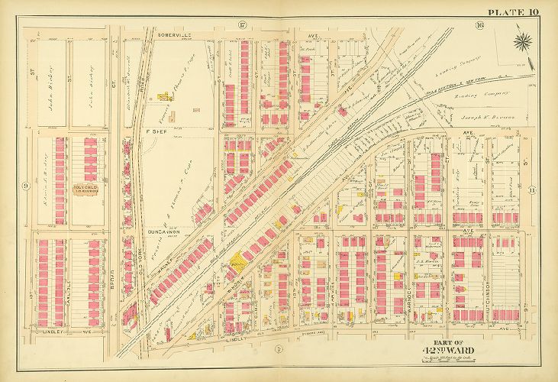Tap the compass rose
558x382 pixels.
tap(523, 40)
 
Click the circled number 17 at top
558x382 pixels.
tap(242, 25)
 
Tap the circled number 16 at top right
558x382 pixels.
tap(479, 25)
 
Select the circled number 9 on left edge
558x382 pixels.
tap(25, 186)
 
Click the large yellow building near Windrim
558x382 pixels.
tap(237, 260)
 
